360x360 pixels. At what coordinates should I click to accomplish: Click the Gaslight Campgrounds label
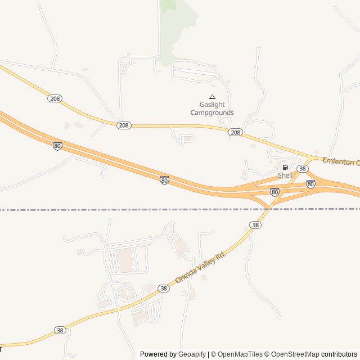point(212,109)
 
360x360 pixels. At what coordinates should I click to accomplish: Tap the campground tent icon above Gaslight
point(212,97)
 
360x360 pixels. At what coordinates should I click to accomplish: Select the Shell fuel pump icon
point(285,167)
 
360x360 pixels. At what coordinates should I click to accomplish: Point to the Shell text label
point(285,175)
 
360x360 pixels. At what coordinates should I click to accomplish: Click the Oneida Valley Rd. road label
point(200,267)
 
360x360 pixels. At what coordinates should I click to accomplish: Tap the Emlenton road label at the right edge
point(341,161)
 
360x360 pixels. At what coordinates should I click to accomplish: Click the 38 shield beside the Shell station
point(303,169)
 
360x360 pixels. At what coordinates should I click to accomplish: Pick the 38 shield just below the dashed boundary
point(256,225)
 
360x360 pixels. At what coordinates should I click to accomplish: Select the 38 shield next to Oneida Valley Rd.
point(164,288)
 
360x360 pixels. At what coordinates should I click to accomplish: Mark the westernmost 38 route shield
point(60,330)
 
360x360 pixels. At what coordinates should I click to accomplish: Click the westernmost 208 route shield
point(54,98)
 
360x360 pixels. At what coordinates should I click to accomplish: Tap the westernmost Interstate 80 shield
point(57,146)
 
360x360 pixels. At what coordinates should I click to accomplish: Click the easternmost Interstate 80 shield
point(310,184)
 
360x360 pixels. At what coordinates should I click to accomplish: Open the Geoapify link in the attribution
point(192,354)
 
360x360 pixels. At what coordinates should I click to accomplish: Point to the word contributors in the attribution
point(339,354)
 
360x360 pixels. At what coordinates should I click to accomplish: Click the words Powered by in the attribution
point(158,354)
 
